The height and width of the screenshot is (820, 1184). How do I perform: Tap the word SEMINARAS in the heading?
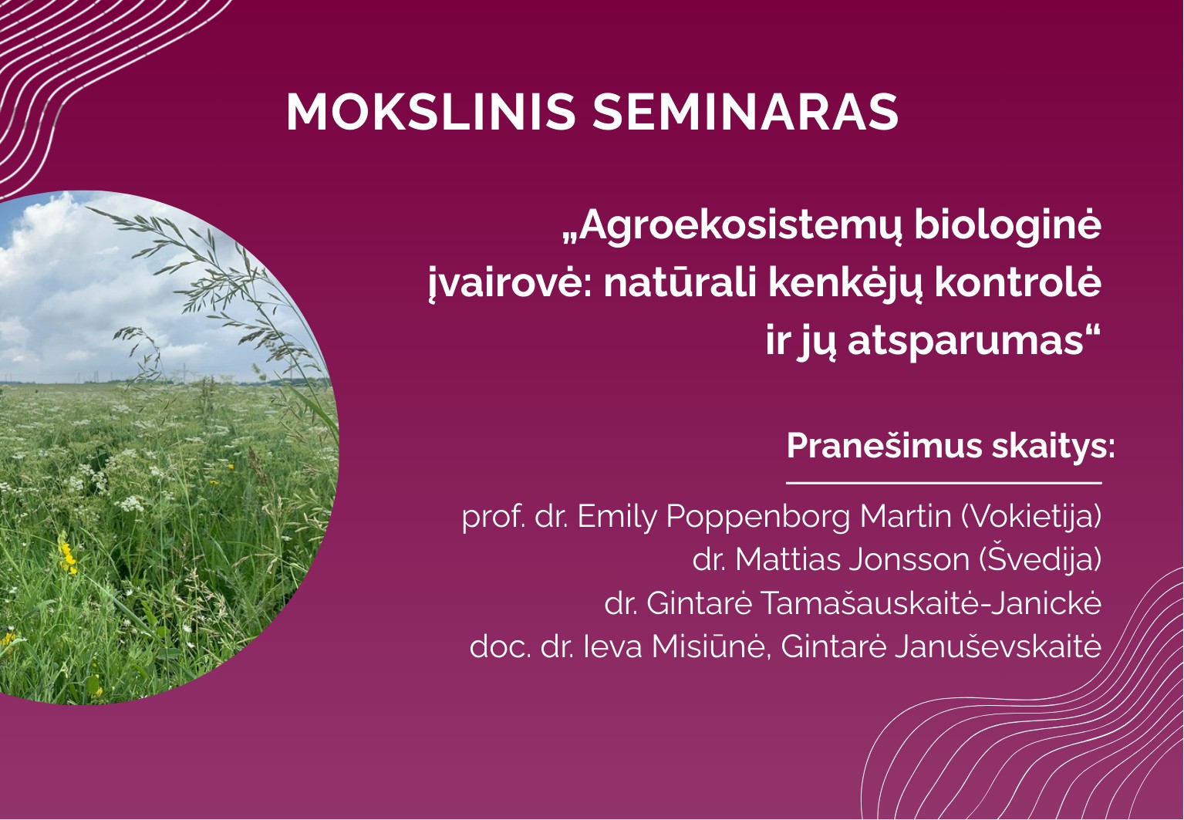745,112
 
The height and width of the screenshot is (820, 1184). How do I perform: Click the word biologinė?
1008,224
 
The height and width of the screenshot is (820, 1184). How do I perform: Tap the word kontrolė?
1018,282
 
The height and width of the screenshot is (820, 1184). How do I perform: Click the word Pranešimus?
882,446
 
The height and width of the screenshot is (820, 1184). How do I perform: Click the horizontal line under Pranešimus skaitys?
944,483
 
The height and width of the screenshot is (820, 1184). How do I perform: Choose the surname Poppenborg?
758,517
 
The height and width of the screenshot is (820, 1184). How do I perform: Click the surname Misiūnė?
708,646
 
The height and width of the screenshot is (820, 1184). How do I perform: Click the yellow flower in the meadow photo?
68,558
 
